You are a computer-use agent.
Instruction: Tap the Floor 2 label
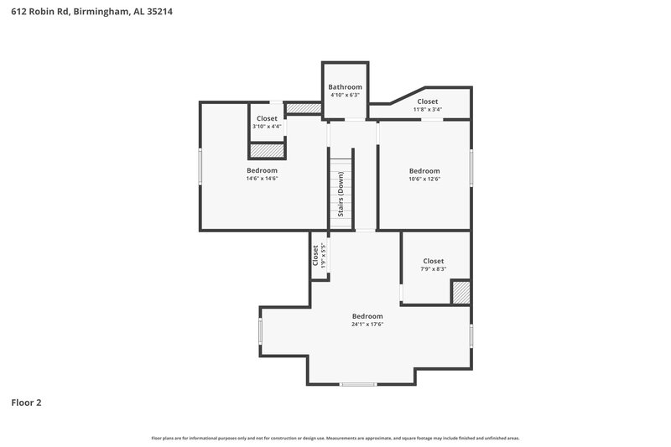coord(26,403)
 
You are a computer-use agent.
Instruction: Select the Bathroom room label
coord(345,87)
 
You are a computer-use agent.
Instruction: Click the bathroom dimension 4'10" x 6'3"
coord(345,96)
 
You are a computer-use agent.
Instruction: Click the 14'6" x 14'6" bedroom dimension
coord(262,179)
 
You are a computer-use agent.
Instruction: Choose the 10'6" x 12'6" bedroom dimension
coord(424,179)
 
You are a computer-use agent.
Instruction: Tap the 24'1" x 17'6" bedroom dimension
coord(367,325)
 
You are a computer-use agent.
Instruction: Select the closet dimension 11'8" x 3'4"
coord(427,110)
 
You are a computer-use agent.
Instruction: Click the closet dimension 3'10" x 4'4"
coord(267,127)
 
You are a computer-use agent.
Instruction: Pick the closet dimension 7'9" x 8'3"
coord(433,269)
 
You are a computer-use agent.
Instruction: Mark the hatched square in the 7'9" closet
coord(461,292)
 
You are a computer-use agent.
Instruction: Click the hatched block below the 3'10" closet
coord(268,150)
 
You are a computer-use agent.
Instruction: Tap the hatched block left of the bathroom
coord(304,108)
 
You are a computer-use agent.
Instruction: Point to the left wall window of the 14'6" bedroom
coord(200,166)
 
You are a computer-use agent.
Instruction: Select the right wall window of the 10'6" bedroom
coord(471,168)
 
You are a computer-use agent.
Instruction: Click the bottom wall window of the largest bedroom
coord(358,384)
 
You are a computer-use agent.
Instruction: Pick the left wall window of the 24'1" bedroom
coord(261,332)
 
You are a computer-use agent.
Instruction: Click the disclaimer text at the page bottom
coord(335,438)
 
